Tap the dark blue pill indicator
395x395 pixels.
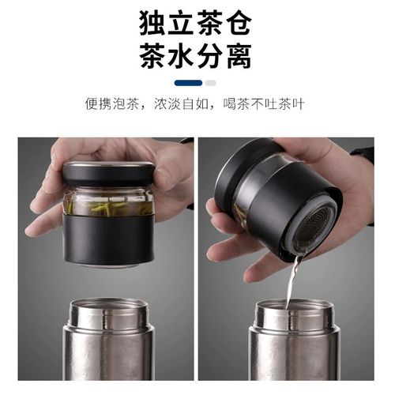click(188, 82)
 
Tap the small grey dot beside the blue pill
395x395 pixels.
click(210, 82)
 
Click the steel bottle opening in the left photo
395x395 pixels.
click(108, 310)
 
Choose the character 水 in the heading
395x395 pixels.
click(178, 57)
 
